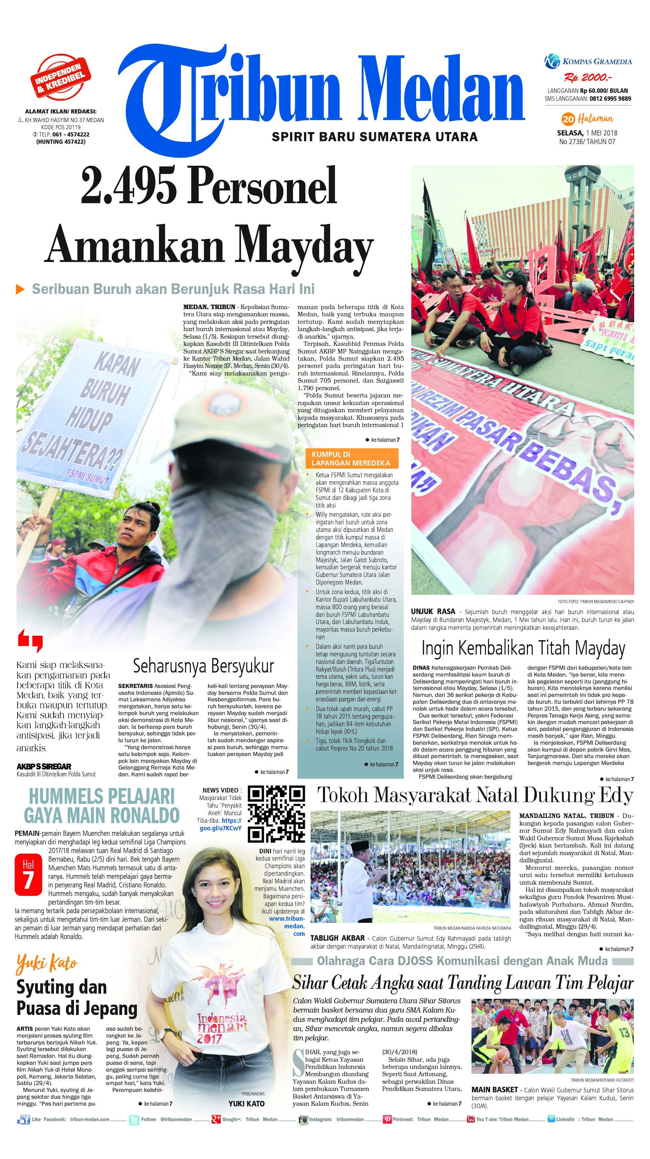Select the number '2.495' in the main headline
click(x=127, y=185)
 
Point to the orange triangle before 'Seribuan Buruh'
click(x=20, y=289)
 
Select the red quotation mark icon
click(x=31, y=640)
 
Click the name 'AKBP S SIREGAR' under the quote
click(x=44, y=766)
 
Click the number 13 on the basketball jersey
click(x=624, y=1032)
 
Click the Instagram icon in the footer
click(x=303, y=1119)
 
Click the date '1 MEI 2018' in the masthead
click(x=602, y=133)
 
